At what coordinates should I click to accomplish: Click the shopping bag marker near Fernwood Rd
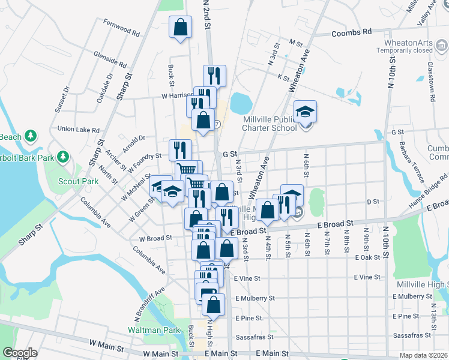pyautogui.click(x=180, y=28)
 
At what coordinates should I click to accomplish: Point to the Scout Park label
pyautogui.click(x=78, y=181)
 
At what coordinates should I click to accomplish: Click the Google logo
pyautogui.click(x=19, y=353)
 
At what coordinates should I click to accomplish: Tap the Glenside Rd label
pyautogui.click(x=110, y=59)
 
